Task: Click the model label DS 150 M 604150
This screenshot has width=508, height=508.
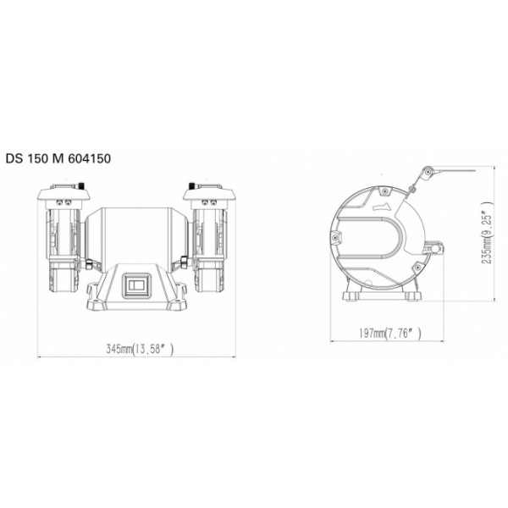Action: [x=58, y=159]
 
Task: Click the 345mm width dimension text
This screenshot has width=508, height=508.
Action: [x=140, y=349]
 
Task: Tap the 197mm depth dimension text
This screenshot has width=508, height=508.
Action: [x=390, y=333]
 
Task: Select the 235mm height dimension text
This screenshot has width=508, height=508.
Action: [x=487, y=234]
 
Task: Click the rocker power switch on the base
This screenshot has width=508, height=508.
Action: [x=137, y=285]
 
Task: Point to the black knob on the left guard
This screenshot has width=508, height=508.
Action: [x=81, y=186]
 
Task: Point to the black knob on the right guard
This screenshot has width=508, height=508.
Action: [x=191, y=186]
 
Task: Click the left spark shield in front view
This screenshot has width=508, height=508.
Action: [x=63, y=194]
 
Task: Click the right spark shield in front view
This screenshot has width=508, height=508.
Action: [x=209, y=195]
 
